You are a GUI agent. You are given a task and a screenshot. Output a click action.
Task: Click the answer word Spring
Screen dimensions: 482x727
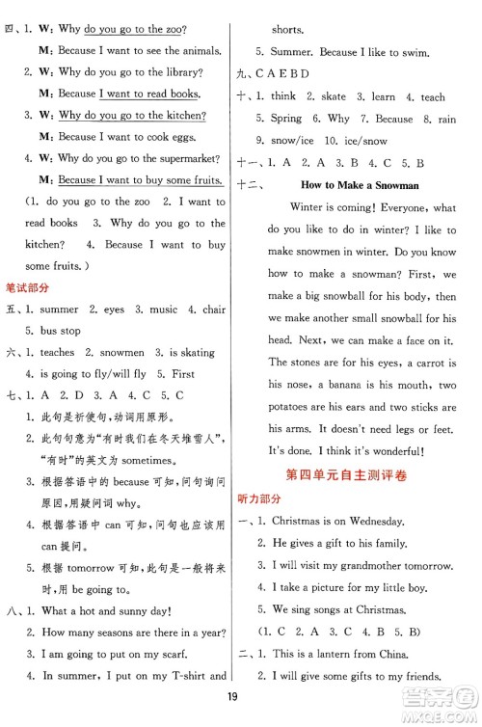[x=287, y=119]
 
